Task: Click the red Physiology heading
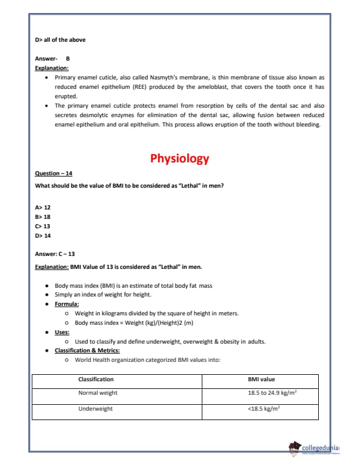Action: [179, 159]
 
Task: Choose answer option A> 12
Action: [43, 208]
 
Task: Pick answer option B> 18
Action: [43, 217]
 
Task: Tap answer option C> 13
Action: [43, 226]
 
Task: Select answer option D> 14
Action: [43, 235]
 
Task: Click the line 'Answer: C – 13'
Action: [55, 254]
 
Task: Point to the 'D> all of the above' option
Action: [60, 40]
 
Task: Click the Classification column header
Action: [96, 380]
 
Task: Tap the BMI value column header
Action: [261, 380]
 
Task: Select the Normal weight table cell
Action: [98, 393]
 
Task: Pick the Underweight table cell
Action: [95, 408]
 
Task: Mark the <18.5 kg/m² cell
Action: [263, 408]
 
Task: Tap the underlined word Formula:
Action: [67, 304]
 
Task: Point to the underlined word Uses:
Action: [62, 332]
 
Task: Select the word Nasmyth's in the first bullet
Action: [171, 77]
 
